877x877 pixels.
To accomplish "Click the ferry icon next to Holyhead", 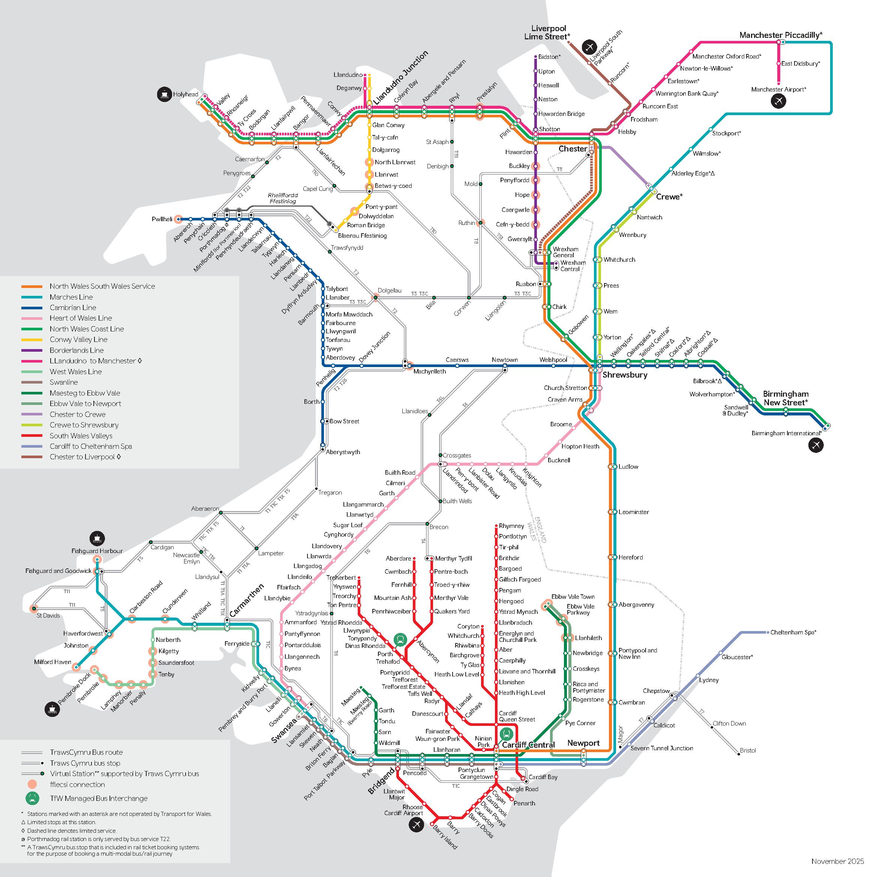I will (164, 94).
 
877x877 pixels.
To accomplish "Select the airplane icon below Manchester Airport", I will (778, 101).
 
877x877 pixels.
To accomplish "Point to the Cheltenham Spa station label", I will (793, 632).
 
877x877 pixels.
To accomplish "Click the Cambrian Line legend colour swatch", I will (32, 308).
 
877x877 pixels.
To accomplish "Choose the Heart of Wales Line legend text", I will (80, 318).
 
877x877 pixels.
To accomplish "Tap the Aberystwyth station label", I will (343, 452).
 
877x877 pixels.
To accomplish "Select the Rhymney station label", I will (511, 526).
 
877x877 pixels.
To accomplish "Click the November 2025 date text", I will (835, 861).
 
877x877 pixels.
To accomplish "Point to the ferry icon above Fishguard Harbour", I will (97, 538).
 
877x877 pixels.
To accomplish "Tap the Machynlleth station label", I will (429, 371).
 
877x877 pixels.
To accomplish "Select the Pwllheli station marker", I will (178, 219).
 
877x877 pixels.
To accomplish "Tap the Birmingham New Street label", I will (785, 398).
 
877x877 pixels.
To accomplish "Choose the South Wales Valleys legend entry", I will (81, 436).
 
